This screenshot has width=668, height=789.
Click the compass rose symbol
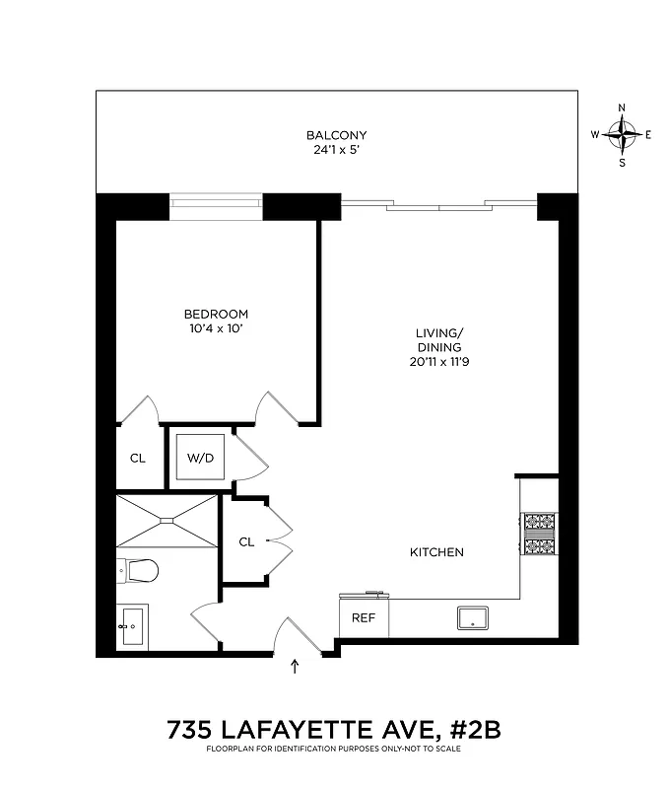(622, 134)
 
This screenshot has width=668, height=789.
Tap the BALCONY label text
(336, 135)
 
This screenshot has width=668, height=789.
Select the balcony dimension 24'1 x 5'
(336, 151)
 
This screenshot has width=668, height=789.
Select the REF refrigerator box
(364, 618)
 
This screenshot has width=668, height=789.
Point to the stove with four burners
(539, 536)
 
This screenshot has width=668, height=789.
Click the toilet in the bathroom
(137, 570)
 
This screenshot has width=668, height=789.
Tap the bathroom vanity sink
(131, 625)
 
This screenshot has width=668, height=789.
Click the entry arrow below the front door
(295, 668)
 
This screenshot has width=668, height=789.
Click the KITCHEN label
(436, 552)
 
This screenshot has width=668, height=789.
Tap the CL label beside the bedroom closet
(138, 458)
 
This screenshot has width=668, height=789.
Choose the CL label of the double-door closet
(246, 541)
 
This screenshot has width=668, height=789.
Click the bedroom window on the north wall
(216, 206)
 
